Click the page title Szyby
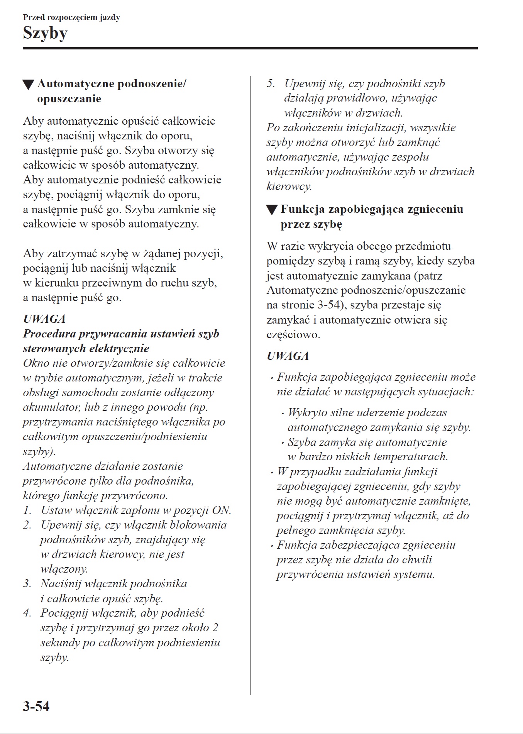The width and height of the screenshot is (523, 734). [x=45, y=33]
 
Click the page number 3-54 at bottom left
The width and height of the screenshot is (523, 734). [x=36, y=706]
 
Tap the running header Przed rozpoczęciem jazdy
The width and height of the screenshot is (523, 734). [x=71, y=17]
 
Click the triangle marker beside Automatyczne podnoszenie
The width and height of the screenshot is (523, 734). [x=28, y=85]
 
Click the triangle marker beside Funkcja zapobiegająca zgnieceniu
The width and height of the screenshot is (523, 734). [x=272, y=210]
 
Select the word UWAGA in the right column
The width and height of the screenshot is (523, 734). [x=288, y=356]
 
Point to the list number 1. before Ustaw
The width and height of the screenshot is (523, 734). [x=27, y=510]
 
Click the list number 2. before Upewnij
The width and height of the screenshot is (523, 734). [x=27, y=525]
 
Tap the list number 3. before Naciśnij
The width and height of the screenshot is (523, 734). [x=27, y=583]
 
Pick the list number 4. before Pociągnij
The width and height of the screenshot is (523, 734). [x=27, y=613]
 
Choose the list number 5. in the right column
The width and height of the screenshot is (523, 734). [x=271, y=83]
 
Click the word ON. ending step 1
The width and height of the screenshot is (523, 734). [x=222, y=510]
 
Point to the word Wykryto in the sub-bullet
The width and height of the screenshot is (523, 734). [x=307, y=412]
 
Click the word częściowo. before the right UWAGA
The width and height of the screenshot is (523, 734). [x=293, y=334]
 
